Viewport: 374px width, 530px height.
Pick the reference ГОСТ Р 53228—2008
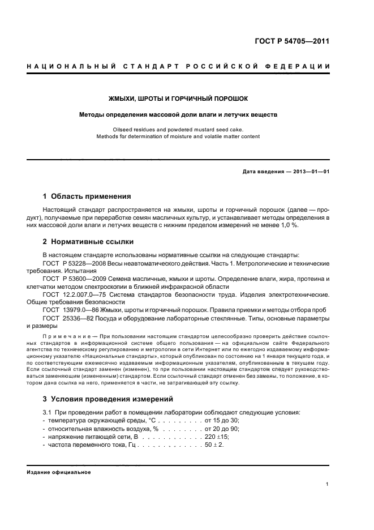pyautogui.click(x=75, y=264)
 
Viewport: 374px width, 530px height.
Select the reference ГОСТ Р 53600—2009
pyautogui.click(x=75, y=280)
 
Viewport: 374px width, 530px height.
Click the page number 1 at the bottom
pyautogui.click(x=328, y=484)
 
